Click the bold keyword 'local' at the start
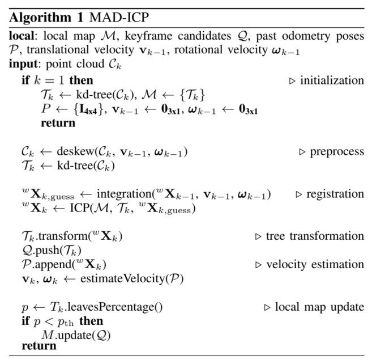(20, 36)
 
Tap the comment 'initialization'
(332, 81)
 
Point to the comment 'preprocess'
(336, 152)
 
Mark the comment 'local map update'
(319, 307)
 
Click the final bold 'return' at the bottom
(39, 345)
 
